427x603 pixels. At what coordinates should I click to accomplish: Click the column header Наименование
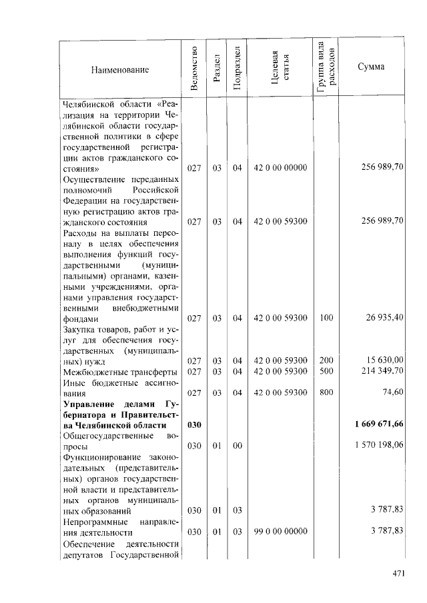(x=121, y=69)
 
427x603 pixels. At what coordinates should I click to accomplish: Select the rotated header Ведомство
(x=193, y=69)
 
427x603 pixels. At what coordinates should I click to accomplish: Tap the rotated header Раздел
(x=216, y=69)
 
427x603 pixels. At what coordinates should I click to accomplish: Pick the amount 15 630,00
(x=382, y=360)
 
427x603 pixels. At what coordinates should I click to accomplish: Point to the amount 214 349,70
(x=380, y=370)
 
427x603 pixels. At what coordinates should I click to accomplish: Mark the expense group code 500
(x=326, y=370)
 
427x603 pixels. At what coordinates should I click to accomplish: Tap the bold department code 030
(x=194, y=424)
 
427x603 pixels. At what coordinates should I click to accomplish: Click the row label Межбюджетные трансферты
(x=119, y=371)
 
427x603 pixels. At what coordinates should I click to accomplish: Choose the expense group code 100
(x=326, y=318)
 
